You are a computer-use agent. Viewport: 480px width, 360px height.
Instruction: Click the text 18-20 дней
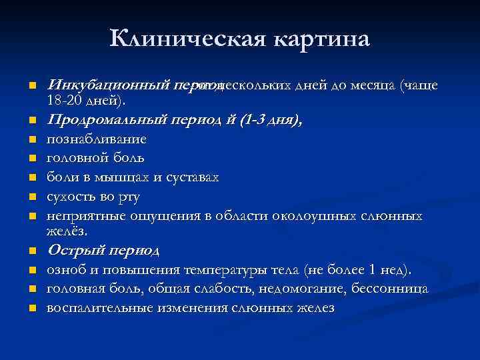(x=83, y=99)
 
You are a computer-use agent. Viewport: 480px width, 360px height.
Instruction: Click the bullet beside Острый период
(x=31, y=252)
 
